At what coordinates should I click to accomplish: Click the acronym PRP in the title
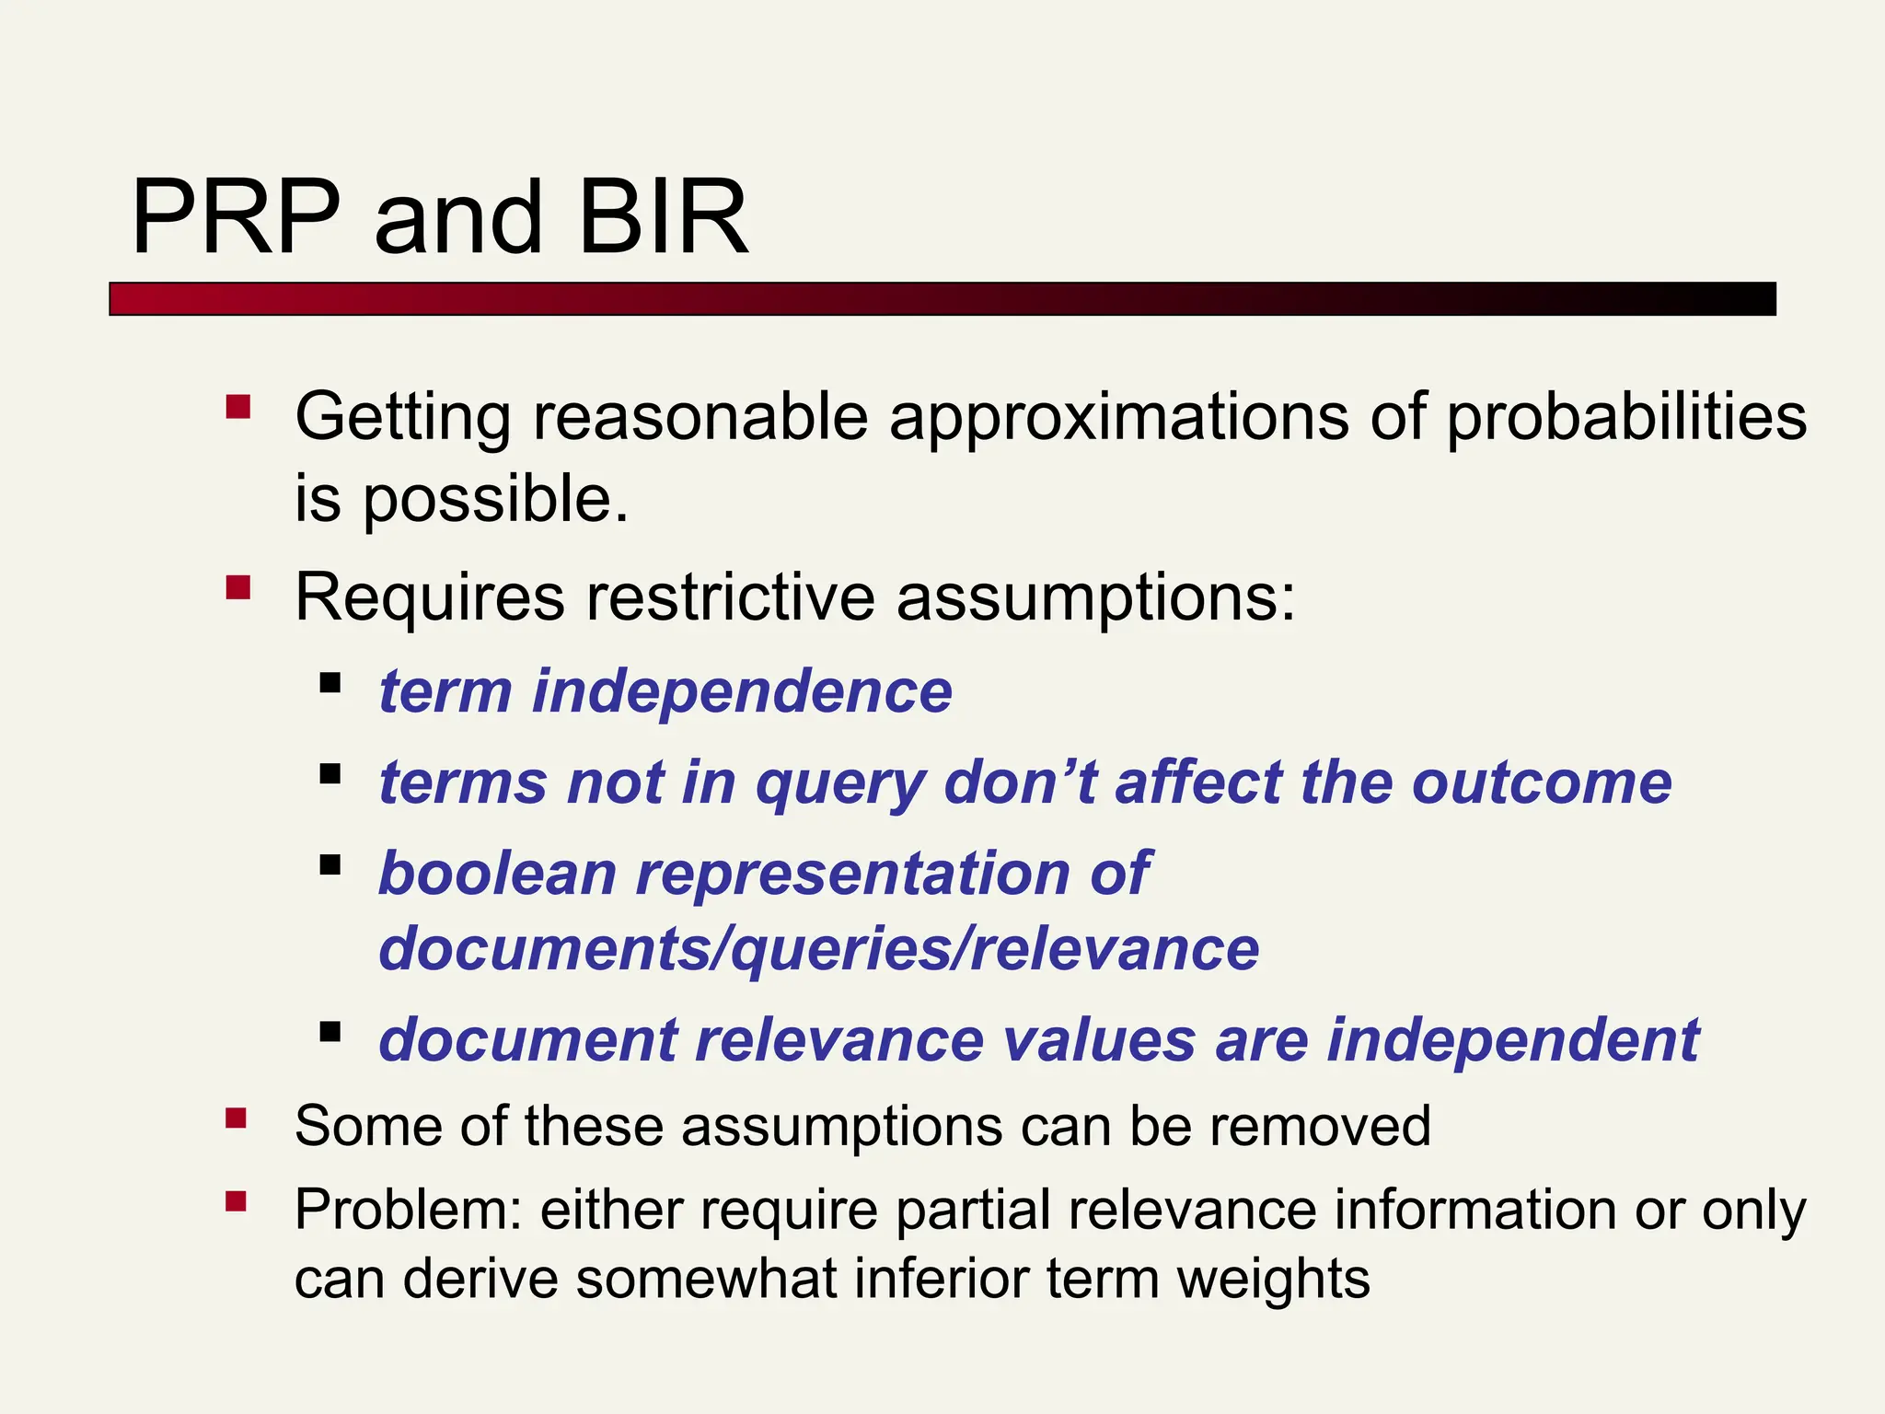[237, 218]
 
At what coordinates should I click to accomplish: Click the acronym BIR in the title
[664, 218]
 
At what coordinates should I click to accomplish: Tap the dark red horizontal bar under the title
[942, 299]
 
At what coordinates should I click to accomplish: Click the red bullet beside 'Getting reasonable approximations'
[238, 407]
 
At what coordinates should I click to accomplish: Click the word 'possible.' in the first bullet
[495, 500]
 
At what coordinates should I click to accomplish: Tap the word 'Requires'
[429, 598]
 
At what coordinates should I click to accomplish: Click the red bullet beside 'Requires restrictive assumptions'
[238, 587]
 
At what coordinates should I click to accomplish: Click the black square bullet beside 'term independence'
[330, 683]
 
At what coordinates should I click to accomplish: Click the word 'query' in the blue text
[840, 784]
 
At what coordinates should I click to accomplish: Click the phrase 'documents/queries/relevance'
[818, 949]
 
